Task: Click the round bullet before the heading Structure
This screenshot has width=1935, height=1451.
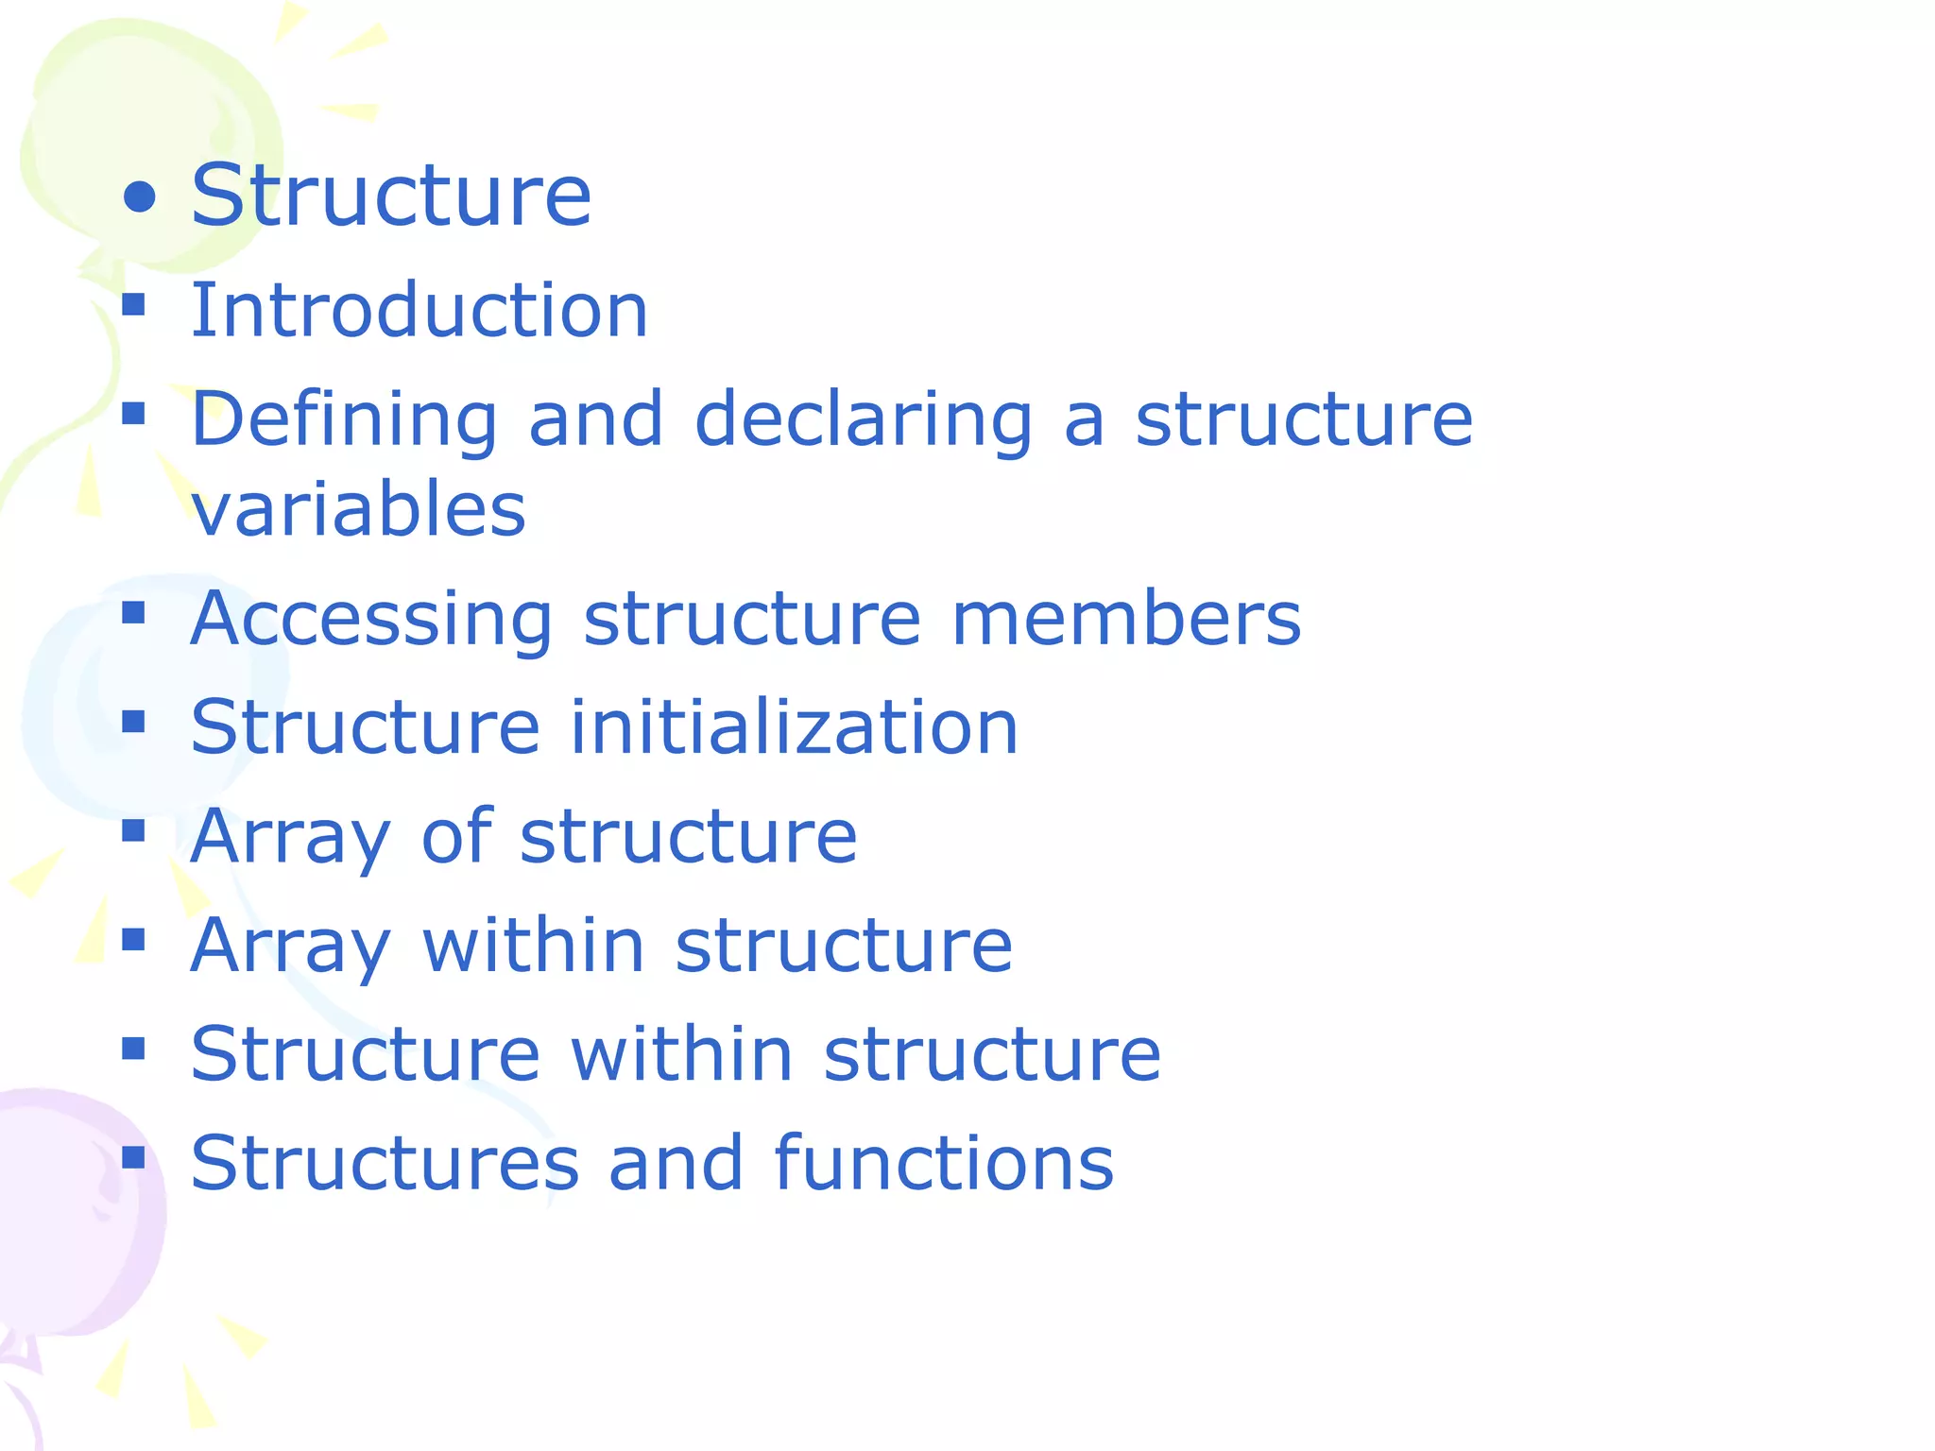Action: (x=140, y=196)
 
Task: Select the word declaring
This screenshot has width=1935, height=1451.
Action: (x=864, y=419)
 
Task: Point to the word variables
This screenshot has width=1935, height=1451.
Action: (x=358, y=509)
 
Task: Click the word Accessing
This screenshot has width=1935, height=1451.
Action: (x=371, y=620)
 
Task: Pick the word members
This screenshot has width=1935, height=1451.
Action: (x=1126, y=620)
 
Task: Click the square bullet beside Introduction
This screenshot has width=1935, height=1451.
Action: (x=133, y=304)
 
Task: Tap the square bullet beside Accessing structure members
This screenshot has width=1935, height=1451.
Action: (x=133, y=613)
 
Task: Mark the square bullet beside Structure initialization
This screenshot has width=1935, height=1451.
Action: (x=133, y=722)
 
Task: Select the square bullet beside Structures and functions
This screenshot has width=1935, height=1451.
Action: (x=133, y=1157)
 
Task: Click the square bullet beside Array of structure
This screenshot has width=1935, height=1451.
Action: (x=133, y=830)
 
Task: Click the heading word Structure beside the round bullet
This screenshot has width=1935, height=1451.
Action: (x=391, y=196)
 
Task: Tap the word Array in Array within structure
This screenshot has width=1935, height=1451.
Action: (x=290, y=947)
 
